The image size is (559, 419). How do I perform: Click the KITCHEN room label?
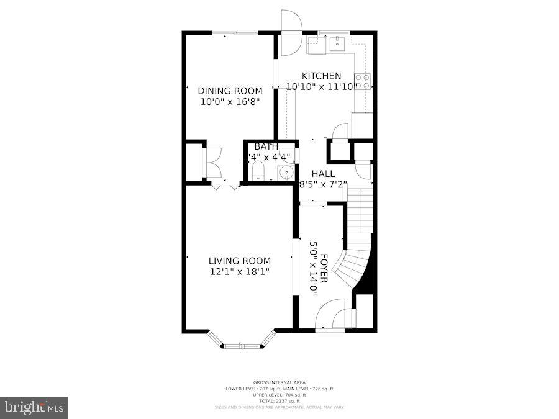tap(321, 76)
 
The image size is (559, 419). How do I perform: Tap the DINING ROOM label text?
tap(230, 91)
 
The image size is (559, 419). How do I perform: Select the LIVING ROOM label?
tap(239, 261)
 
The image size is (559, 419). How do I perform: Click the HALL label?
tap(323, 174)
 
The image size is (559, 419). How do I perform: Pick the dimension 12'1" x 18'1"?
tap(239, 272)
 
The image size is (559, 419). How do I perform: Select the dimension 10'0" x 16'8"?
tap(230, 102)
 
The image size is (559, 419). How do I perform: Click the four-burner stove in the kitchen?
tap(362, 81)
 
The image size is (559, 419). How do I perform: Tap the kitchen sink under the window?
tap(336, 42)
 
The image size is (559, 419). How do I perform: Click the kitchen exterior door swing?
tap(290, 32)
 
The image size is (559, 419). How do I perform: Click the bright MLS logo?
tap(34, 407)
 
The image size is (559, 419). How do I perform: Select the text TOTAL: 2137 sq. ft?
tap(279, 400)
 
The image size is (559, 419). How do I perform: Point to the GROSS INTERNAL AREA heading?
tap(279, 382)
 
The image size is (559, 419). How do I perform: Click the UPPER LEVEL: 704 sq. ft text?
tap(279, 394)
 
